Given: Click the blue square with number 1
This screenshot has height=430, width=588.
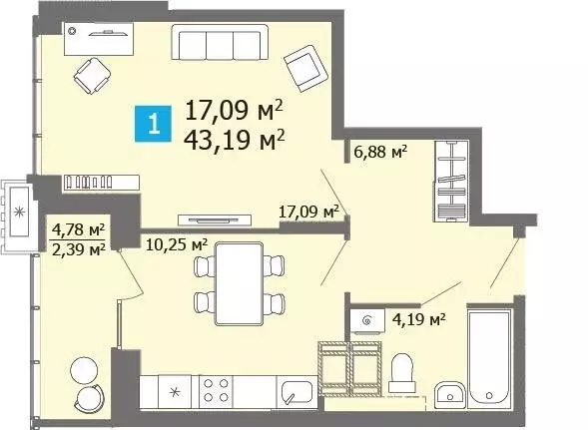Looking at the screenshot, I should pyautogui.click(x=152, y=126).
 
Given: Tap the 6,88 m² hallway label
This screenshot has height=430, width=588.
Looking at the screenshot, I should pyautogui.click(x=380, y=152).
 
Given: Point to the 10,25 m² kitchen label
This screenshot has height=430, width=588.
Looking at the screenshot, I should pyautogui.click(x=176, y=242).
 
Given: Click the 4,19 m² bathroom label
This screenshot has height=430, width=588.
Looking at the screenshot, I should pyautogui.click(x=417, y=319).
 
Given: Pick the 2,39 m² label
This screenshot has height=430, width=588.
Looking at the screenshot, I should pyautogui.click(x=78, y=249).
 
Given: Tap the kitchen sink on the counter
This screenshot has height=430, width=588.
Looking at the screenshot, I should pyautogui.click(x=294, y=389).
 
